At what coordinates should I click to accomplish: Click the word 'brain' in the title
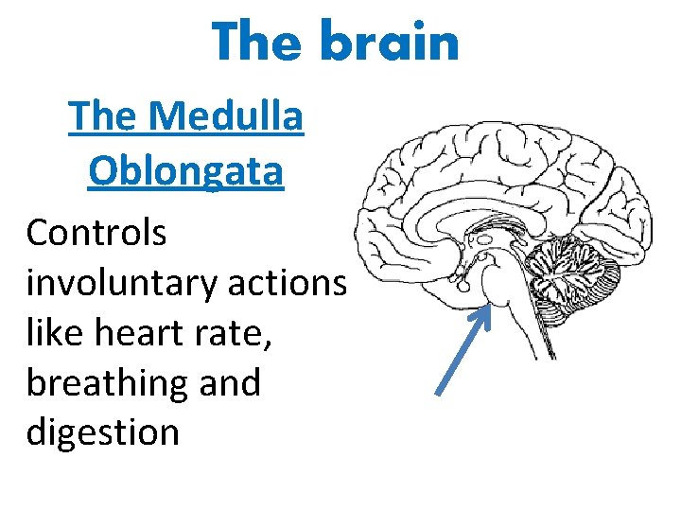391,43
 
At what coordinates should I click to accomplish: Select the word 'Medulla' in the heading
227,118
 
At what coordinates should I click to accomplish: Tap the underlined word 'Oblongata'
185,172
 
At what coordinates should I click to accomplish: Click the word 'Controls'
96,233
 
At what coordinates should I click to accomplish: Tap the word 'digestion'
103,432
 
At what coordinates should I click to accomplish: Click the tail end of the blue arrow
437,392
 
